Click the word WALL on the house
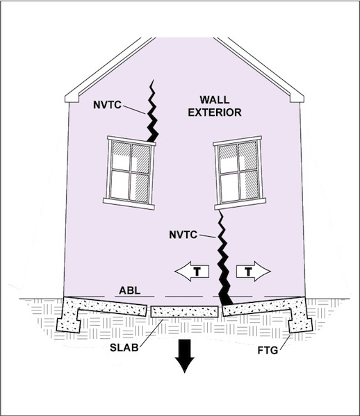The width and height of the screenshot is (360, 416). pyautogui.click(x=215, y=100)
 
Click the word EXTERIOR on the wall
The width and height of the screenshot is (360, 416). pyautogui.click(x=215, y=113)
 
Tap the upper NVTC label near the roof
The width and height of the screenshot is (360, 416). pyautogui.click(x=107, y=105)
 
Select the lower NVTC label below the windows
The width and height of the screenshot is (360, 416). pyautogui.click(x=183, y=235)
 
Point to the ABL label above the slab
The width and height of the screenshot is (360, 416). pyautogui.click(x=129, y=290)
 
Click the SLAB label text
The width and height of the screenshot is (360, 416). pyautogui.click(x=124, y=347)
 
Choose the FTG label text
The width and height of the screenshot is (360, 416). pyautogui.click(x=268, y=351)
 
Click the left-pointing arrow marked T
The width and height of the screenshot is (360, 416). pyautogui.click(x=192, y=272)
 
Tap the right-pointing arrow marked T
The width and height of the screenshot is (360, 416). pyautogui.click(x=254, y=272)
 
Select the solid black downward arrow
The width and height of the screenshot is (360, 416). pyautogui.click(x=184, y=356)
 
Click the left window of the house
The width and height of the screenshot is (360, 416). pyautogui.click(x=129, y=173)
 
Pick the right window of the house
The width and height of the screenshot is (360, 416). pyautogui.click(x=240, y=173)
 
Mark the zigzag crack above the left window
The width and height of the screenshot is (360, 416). pyautogui.click(x=152, y=111)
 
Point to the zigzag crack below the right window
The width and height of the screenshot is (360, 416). pyautogui.click(x=224, y=258)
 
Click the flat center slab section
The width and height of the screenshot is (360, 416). pyautogui.click(x=184, y=311)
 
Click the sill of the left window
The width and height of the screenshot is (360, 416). pyautogui.click(x=129, y=204)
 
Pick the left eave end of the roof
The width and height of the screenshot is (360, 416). pyautogui.click(x=72, y=98)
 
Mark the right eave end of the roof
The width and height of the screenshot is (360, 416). pyautogui.click(x=297, y=98)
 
